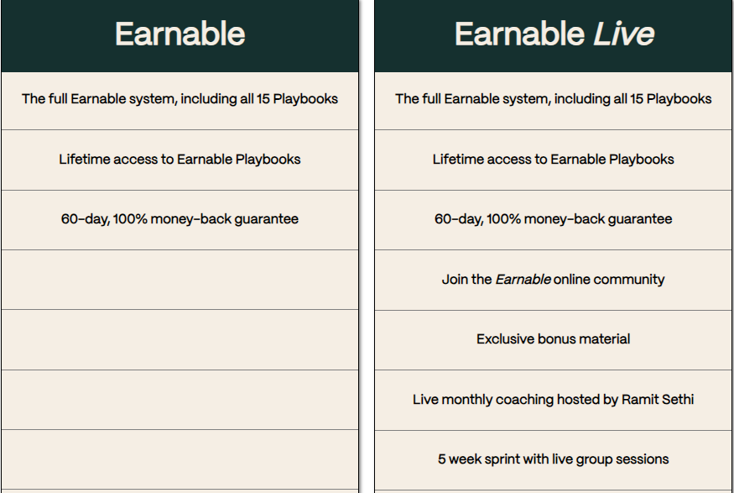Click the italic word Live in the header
tap(623, 34)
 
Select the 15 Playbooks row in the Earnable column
tap(180, 99)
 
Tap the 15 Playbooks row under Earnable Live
tap(554, 99)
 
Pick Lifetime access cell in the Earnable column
tap(180, 160)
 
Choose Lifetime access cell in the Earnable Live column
tap(554, 160)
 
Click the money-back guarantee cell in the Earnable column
tap(180, 219)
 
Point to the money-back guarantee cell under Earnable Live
tap(554, 219)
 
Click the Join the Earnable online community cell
tap(554, 280)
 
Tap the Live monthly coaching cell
tap(554, 399)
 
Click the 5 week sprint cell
tap(554, 459)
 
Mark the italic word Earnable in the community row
tap(523, 280)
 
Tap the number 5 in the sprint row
tap(442, 459)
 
